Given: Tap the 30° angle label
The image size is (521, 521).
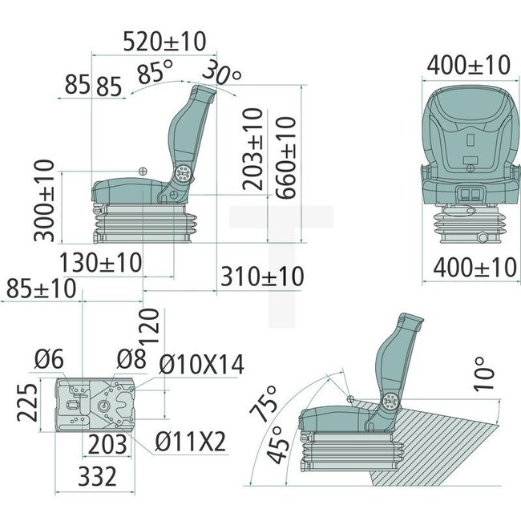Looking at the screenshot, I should point(221,74).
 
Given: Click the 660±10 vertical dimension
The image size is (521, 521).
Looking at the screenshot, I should point(285,159).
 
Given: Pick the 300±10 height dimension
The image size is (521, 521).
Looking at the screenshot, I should point(45,200).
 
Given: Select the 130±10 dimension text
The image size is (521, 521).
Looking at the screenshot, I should point(101,262).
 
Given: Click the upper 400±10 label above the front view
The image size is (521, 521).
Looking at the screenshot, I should point(468,64).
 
